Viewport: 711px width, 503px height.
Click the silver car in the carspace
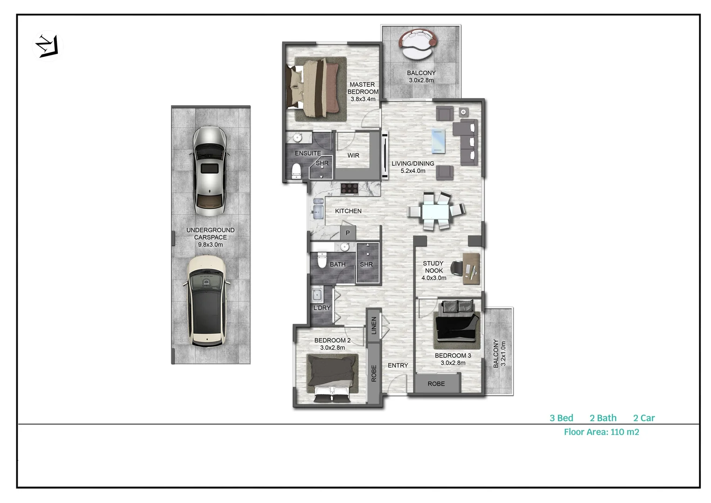210,171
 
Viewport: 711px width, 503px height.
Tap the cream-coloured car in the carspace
206,301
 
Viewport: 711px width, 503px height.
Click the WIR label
353,156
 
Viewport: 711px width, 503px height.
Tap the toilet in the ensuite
296,171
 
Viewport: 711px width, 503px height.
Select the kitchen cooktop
349,189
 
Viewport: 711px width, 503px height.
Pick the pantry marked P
347,233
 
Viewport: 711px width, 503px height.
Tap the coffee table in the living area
438,141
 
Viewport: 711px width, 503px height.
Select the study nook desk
471,269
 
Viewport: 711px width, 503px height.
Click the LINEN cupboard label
373,326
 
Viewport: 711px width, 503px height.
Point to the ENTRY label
398,366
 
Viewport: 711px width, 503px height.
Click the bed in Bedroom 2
332,377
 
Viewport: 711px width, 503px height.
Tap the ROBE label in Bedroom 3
436,384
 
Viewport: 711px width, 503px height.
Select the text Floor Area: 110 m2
601,432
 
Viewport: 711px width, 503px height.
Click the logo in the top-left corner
47,46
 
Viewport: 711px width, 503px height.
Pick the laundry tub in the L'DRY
317,295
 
